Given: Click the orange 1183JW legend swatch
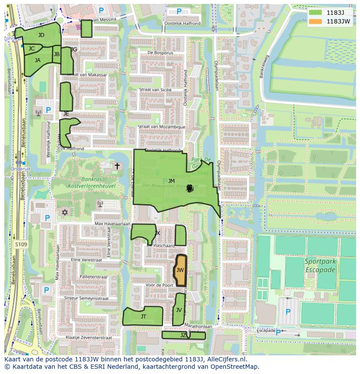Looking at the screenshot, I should (316, 21).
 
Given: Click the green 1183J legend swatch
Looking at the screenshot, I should (316, 13).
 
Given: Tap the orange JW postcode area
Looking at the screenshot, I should (180, 270).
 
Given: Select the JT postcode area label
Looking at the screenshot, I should (143, 317).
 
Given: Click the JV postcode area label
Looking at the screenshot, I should (179, 310).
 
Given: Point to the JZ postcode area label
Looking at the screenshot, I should (183, 335).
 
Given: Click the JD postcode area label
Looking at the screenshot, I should (41, 35).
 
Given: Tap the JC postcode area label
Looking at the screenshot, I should (31, 49).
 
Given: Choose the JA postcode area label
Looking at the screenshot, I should (37, 60).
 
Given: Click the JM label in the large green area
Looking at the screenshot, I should (171, 181).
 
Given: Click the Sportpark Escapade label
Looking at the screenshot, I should (320, 266).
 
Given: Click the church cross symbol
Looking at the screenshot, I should (117, 166).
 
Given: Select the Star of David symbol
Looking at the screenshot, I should (65, 212).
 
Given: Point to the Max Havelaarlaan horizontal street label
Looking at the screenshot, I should (113, 224).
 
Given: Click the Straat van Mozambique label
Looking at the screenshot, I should (161, 127).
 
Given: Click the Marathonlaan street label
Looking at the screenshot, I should (198, 325).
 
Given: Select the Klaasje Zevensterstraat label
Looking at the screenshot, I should (89, 338).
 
